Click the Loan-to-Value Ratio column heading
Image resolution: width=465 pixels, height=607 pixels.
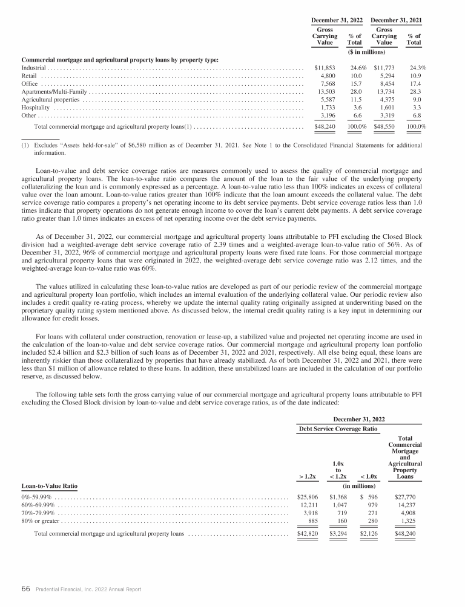49,485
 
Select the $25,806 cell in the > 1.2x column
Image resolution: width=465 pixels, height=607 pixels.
306,497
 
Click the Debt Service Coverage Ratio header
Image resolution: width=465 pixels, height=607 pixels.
337,429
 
